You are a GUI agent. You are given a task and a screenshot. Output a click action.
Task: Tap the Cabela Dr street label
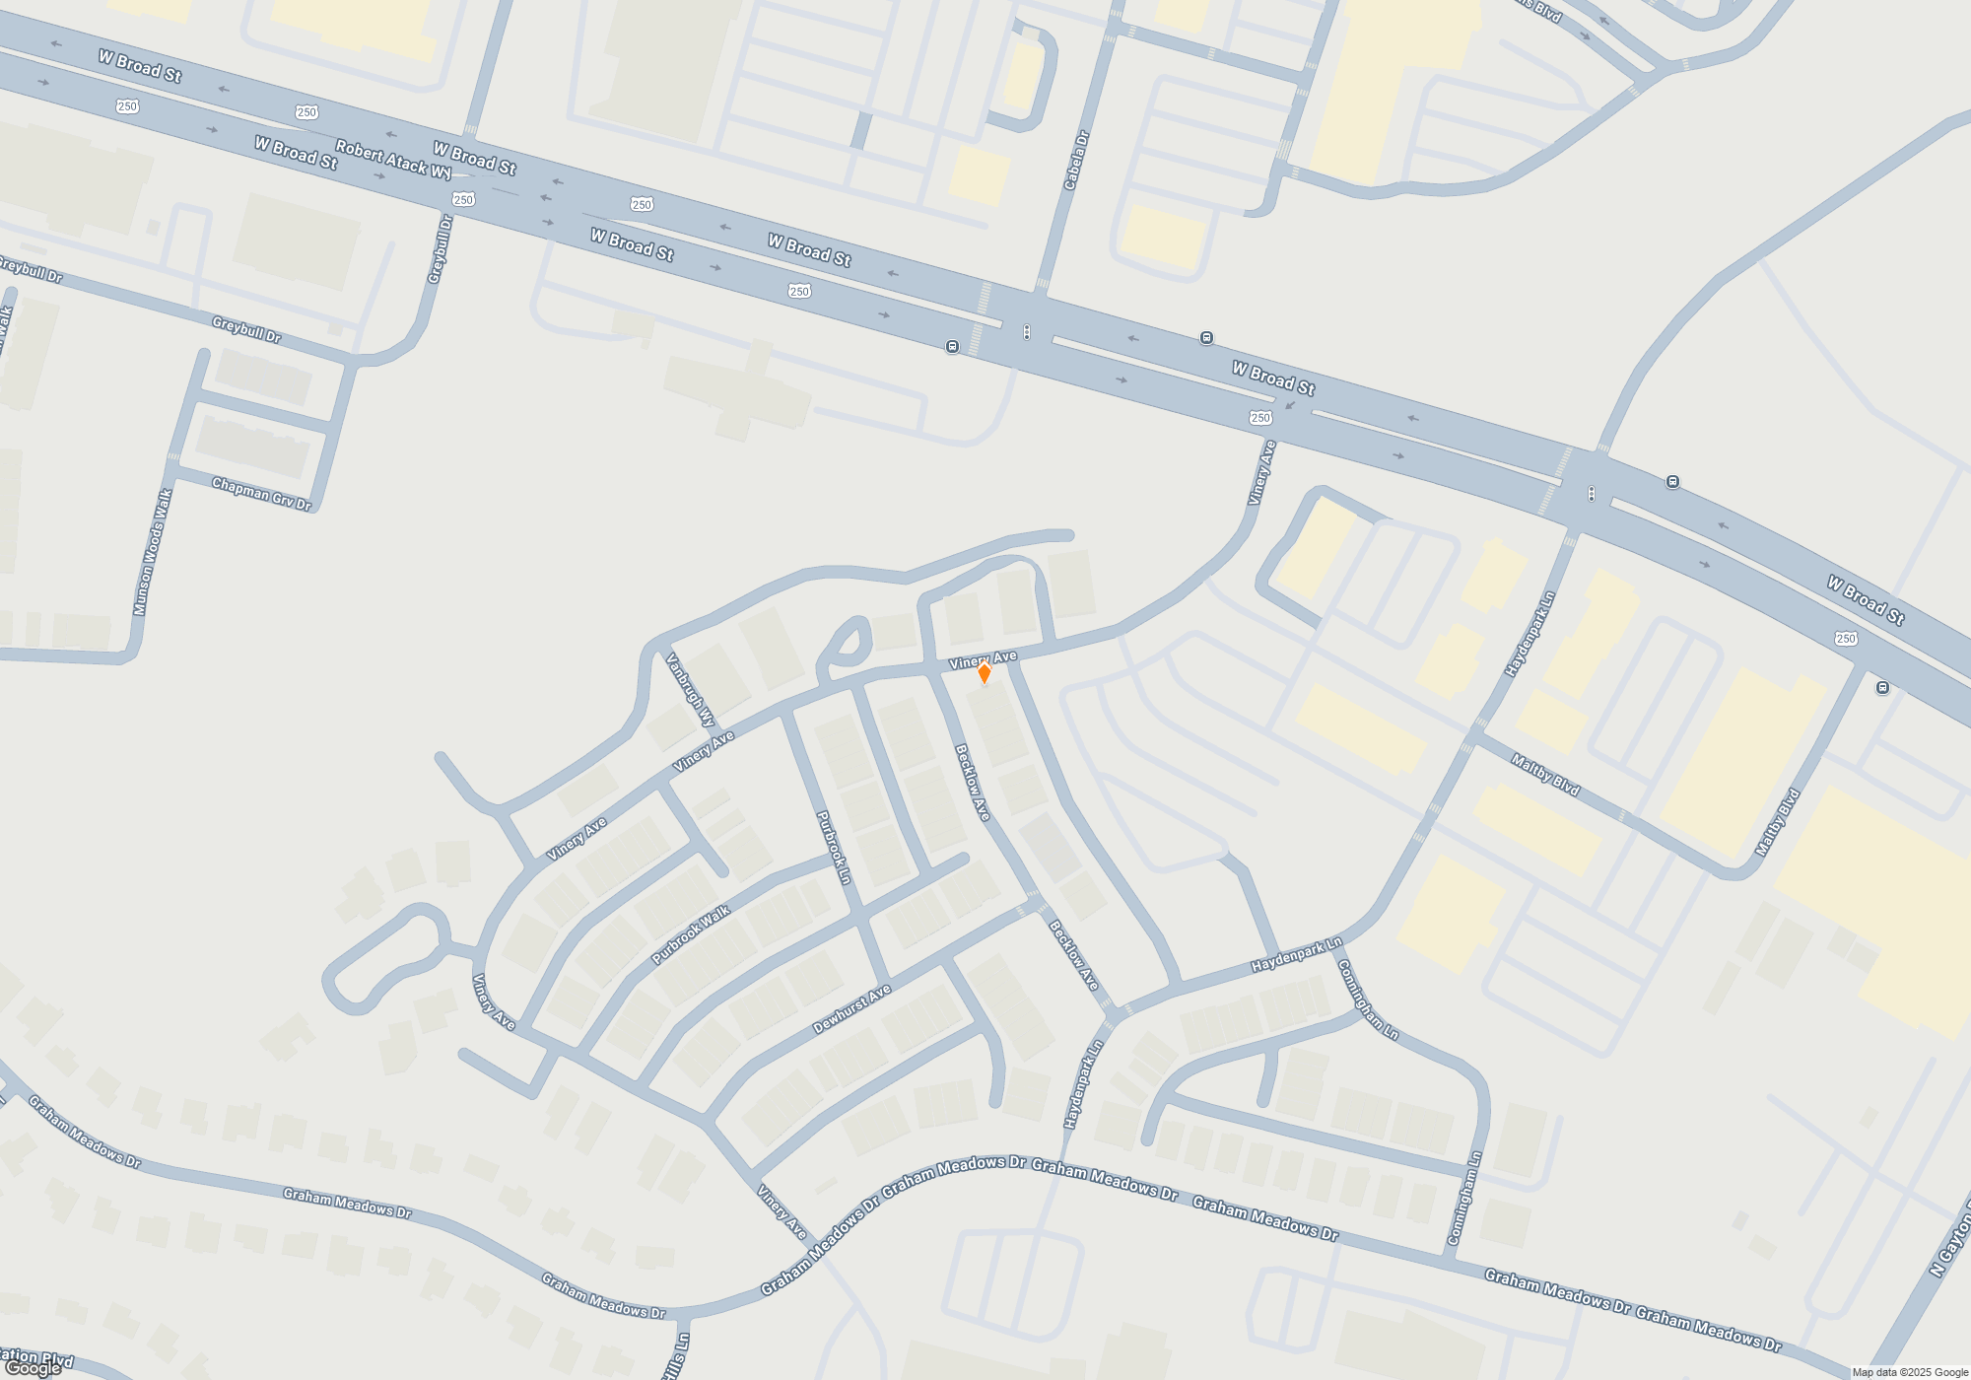[x=1075, y=161]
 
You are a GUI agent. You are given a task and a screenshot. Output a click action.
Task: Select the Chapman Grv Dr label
[x=261, y=494]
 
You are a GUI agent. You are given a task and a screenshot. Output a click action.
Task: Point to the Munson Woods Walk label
[x=153, y=552]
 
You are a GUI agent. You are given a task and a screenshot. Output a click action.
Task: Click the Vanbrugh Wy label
[x=690, y=690]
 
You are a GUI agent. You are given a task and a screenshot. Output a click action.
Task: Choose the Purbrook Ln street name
[x=834, y=848]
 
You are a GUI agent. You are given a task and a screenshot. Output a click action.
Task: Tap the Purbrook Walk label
[x=691, y=934]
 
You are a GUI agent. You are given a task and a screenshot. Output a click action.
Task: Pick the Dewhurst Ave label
[x=851, y=1008]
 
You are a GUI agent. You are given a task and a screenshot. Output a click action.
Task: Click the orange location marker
[x=984, y=672]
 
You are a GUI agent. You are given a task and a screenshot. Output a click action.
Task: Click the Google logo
[x=33, y=1368]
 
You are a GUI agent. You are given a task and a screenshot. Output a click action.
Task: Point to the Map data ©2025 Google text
[x=1910, y=1372]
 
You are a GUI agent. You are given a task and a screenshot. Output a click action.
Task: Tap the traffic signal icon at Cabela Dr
[x=1027, y=332]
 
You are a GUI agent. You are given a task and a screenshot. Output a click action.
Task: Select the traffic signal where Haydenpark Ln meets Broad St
[x=1592, y=493]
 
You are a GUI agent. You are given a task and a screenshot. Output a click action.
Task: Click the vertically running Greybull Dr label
[x=440, y=250]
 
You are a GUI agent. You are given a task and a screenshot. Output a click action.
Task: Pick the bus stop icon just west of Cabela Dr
[x=952, y=346]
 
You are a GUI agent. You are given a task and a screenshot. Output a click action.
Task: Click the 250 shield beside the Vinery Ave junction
[x=1260, y=418]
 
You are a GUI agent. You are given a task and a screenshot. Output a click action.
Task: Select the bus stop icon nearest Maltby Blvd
[x=1882, y=688]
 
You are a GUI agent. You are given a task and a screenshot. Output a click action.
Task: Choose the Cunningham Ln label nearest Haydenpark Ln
[x=1367, y=1000]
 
